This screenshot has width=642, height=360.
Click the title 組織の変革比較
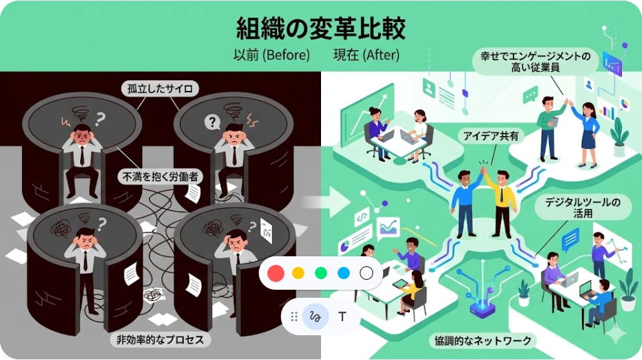coord(321,29)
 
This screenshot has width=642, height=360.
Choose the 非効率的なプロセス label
coord(160,339)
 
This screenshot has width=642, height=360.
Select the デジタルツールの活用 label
coord(583,209)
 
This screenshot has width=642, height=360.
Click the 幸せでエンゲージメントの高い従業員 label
coord(535,63)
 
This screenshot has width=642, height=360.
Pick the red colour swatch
coord(276,273)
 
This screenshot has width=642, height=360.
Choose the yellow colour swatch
coord(298,273)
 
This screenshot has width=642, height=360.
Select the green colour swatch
coord(321,273)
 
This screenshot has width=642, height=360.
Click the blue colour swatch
coord(344,273)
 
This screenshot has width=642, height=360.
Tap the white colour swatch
coord(366,273)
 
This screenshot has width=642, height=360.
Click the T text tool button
coord(342,316)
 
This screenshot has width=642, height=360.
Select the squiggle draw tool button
coord(315,316)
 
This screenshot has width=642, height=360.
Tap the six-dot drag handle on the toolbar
coord(294,316)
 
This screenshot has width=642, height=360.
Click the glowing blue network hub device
coord(481,307)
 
